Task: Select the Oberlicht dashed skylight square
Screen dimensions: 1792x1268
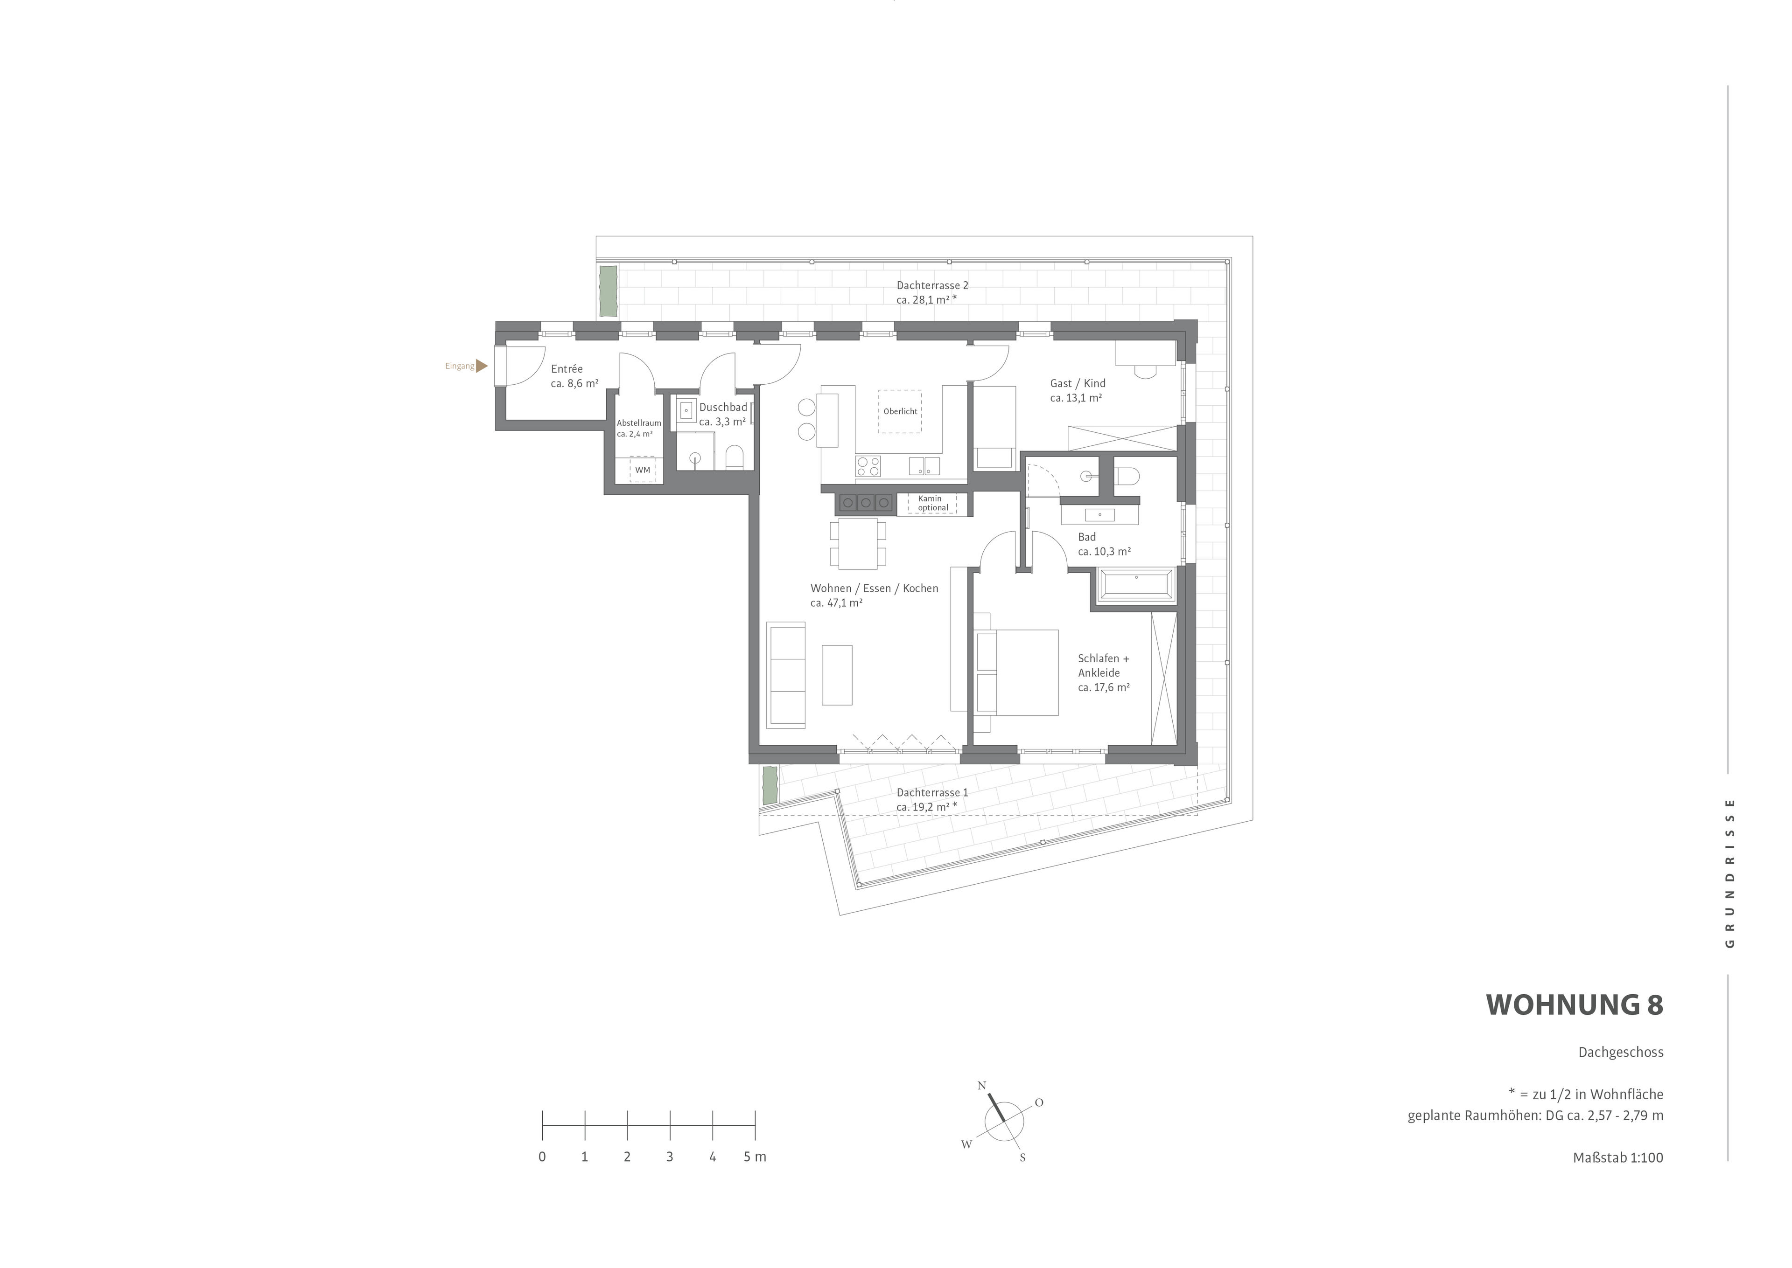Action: [899, 411]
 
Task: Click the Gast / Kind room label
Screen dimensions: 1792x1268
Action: [1077, 390]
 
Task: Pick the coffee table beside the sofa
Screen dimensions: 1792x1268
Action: [837, 675]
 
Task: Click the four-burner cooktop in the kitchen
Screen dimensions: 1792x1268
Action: [868, 466]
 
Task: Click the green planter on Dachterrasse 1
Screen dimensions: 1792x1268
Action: [770, 785]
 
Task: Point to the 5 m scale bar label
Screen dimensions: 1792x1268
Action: [755, 1157]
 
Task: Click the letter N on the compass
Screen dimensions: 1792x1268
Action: [982, 1085]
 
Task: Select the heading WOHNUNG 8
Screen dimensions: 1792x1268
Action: [1574, 1005]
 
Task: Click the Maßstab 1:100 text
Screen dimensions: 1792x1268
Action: [1618, 1158]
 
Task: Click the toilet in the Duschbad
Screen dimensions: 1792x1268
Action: [734, 457]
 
